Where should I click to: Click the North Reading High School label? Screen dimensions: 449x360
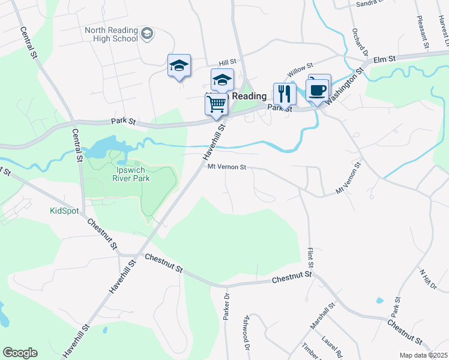111,34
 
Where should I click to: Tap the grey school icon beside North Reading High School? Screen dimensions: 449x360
147,34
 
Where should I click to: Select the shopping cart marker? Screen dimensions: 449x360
216,103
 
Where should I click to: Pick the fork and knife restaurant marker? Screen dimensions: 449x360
285,94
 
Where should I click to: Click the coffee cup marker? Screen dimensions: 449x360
317,90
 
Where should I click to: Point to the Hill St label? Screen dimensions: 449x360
228,62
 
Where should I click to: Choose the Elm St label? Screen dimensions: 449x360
385,59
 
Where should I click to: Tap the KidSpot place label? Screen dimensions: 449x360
64,211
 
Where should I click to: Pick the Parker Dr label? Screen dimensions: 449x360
227,306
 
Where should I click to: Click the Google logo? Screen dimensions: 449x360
20,353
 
